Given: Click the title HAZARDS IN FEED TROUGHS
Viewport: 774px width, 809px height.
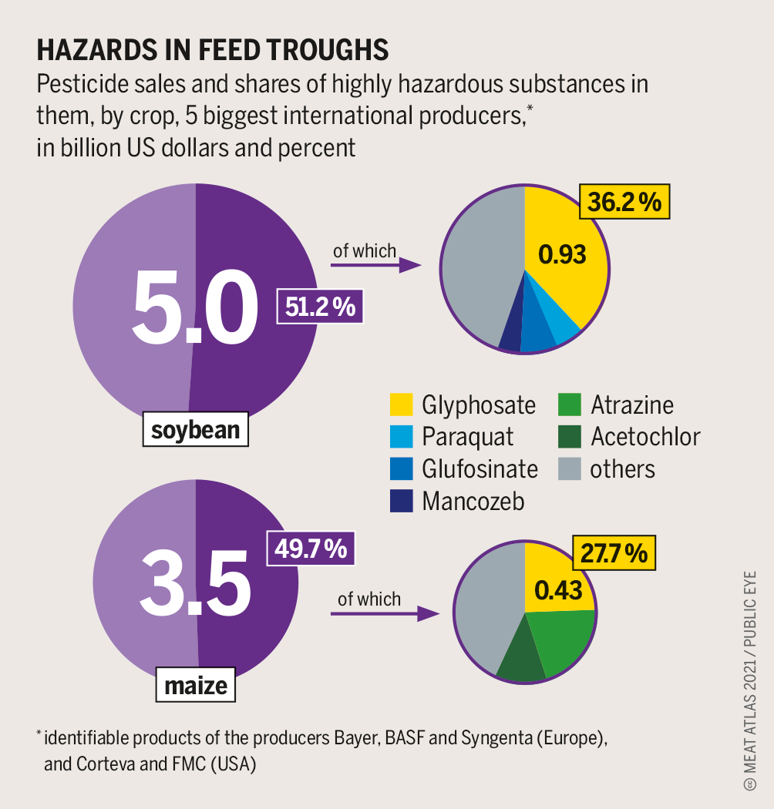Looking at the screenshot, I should pos(213,51).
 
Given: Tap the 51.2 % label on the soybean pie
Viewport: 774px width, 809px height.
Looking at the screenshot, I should pos(320,307).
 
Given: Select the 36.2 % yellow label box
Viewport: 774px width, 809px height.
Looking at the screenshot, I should pos(624,203).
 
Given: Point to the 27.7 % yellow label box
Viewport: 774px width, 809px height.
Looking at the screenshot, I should pos(614,553).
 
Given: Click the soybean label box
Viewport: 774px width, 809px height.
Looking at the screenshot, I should pos(195,430).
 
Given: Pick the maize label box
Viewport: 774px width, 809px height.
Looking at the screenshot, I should pos(196,685).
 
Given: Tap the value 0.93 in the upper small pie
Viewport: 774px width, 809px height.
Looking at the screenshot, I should pos(562,253).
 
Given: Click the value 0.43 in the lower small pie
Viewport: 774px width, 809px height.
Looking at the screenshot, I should pos(558,590).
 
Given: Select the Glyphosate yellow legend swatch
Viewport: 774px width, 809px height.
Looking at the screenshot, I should pos(402,404).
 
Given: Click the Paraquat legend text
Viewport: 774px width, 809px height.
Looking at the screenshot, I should pos(467,437).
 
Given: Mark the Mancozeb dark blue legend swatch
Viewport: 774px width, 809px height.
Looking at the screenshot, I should pos(402,501).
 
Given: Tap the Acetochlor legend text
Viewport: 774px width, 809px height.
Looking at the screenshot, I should pos(645,437).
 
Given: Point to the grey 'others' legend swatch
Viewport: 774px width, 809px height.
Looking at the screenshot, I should pos(570,468).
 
